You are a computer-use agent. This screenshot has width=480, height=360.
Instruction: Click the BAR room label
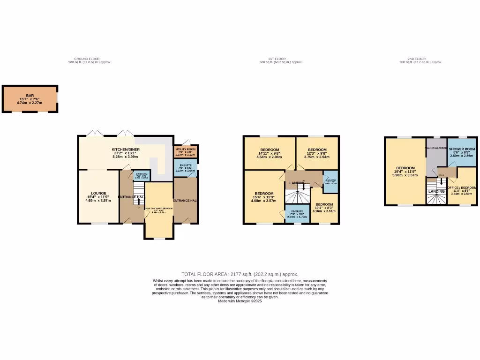30,95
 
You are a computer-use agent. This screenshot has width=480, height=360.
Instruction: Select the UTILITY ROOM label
185,149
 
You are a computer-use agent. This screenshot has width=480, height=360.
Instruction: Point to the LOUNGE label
98,193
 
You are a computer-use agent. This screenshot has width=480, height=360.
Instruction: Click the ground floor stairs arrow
138,201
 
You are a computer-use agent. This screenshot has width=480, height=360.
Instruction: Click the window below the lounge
98,223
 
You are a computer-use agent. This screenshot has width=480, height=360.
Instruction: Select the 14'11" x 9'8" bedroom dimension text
269,157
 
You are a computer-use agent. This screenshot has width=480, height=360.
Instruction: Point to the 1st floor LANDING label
297,183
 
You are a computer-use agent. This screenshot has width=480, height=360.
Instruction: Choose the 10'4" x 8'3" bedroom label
324,205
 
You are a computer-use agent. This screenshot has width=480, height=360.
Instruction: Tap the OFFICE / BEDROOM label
462,187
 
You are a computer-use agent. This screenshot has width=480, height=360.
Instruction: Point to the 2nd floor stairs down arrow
441,180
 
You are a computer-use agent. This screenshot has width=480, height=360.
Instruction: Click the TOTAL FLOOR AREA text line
240,274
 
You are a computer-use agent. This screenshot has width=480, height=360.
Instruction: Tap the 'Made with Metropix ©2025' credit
240,301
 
